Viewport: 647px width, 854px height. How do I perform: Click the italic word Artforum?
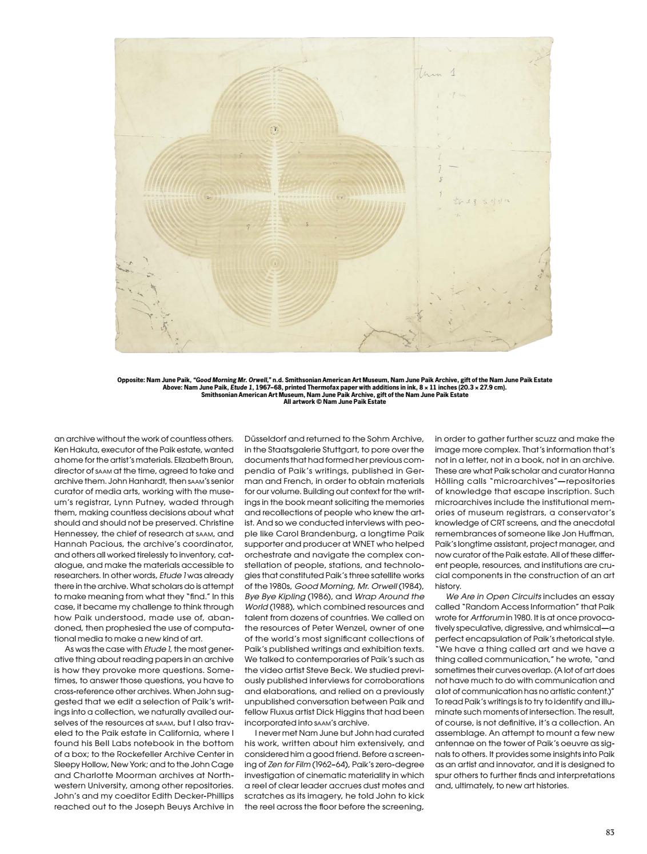pyautogui.click(x=488, y=618)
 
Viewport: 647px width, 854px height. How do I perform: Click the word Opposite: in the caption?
pyautogui.click(x=131, y=380)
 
